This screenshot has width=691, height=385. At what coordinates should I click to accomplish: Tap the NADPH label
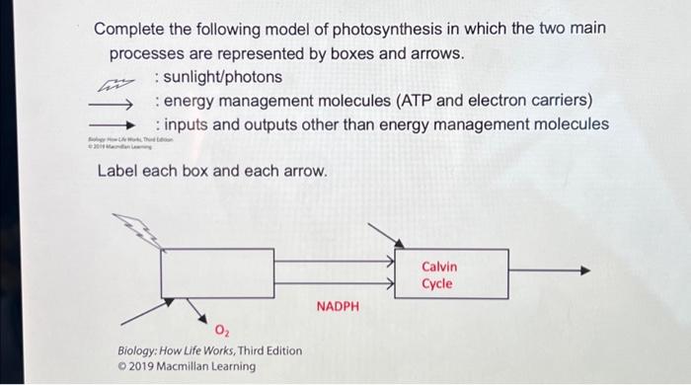pyautogui.click(x=339, y=307)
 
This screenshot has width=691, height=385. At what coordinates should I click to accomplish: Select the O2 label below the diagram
pyautogui.click(x=224, y=328)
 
